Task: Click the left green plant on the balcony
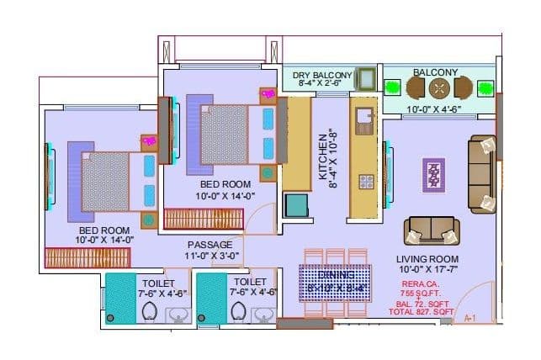click(392, 87)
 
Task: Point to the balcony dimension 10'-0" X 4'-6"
click(440, 108)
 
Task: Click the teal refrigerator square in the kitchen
click(295, 205)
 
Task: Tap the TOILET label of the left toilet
click(159, 282)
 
